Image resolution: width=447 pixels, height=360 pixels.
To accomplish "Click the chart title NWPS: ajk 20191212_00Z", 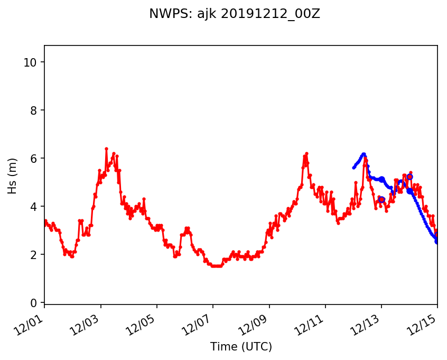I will point(235,14).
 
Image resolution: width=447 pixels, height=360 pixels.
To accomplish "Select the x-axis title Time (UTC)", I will point(241,347).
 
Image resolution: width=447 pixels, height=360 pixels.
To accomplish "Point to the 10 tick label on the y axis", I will point(31,62).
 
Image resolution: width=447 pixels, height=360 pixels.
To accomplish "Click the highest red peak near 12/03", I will point(106,149).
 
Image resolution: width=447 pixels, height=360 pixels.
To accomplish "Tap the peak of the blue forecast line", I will point(364,154).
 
